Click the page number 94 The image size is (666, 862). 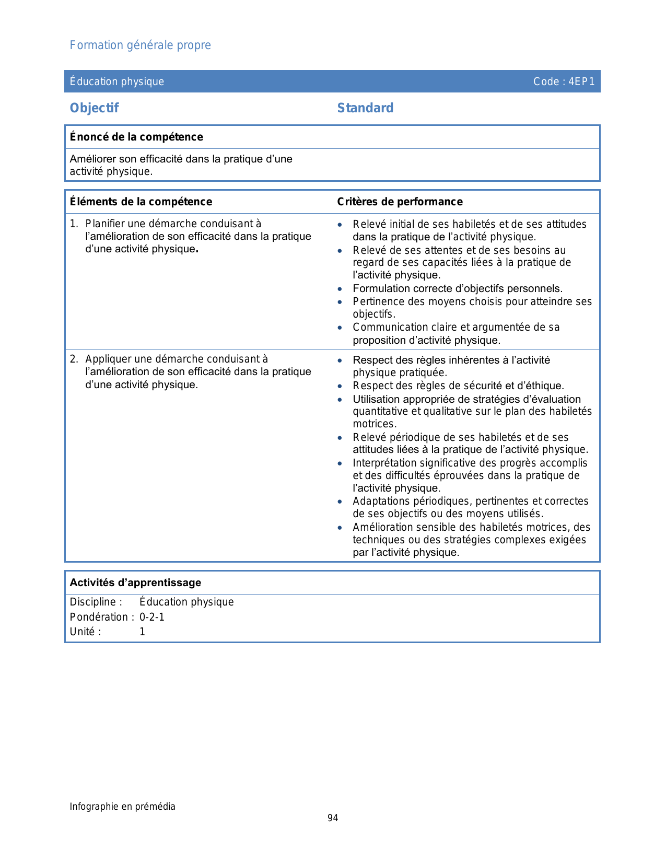(333, 818)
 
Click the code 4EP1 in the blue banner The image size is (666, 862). (581, 81)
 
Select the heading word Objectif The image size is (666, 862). (94, 108)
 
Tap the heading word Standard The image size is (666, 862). (365, 108)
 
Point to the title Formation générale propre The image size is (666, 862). (140, 45)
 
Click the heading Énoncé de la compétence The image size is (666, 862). (136, 137)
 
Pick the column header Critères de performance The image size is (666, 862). (400, 202)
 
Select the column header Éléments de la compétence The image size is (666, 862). (141, 202)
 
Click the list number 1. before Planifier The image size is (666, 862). (74, 224)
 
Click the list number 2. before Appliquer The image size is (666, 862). (74, 359)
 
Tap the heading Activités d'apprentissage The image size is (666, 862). (135, 583)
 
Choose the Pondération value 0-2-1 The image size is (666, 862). (151, 617)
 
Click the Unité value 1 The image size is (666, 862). (142, 632)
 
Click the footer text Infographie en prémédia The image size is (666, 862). (122, 807)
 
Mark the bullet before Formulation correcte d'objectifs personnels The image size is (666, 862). (340, 289)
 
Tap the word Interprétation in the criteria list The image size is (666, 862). (384, 463)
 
